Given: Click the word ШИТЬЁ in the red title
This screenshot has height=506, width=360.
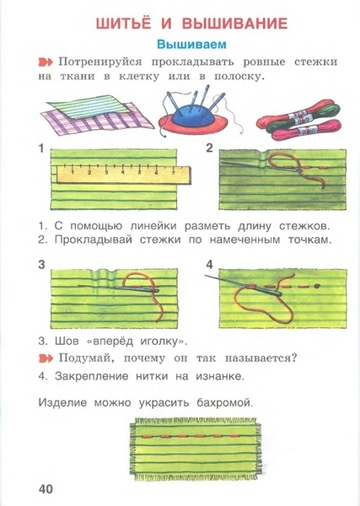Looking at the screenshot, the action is (x=124, y=24).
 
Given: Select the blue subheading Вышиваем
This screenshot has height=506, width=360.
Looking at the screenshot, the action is (x=191, y=44).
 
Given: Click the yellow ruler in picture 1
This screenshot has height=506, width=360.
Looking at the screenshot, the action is (x=124, y=175).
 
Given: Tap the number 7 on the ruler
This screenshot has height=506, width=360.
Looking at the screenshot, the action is (x=173, y=173).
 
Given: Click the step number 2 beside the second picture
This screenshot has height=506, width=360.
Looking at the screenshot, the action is (x=209, y=148).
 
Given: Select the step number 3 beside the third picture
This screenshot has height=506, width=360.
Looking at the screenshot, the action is (x=41, y=265).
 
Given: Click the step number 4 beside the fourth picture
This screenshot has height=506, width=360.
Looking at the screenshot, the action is (x=210, y=265).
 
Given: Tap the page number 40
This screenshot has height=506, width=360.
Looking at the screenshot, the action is (x=46, y=489).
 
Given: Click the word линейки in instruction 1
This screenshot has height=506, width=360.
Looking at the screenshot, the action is (x=153, y=226).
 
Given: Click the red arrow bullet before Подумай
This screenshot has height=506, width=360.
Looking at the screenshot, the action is (x=46, y=358).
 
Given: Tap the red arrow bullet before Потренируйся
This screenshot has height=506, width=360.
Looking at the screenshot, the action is (x=46, y=62).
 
